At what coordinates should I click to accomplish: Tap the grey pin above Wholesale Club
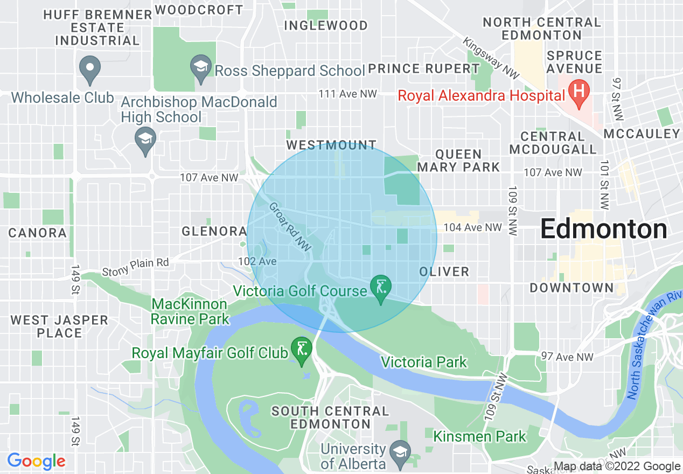90,69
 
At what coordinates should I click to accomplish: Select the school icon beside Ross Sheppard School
201,68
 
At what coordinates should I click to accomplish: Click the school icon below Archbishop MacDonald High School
145,140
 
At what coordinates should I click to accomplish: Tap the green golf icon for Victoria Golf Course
381,287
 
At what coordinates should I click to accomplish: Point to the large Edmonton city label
603,229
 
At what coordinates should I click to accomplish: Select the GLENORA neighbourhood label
214,232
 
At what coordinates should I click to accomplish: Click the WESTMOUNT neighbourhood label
331,145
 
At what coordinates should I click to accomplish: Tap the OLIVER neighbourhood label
444,271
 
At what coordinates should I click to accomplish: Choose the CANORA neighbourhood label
38,233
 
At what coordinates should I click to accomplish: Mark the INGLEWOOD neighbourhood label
325,25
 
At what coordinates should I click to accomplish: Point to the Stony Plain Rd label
135,263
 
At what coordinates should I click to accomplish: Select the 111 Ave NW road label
347,94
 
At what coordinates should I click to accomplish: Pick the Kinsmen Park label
479,436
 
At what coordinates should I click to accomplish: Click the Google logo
36,461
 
